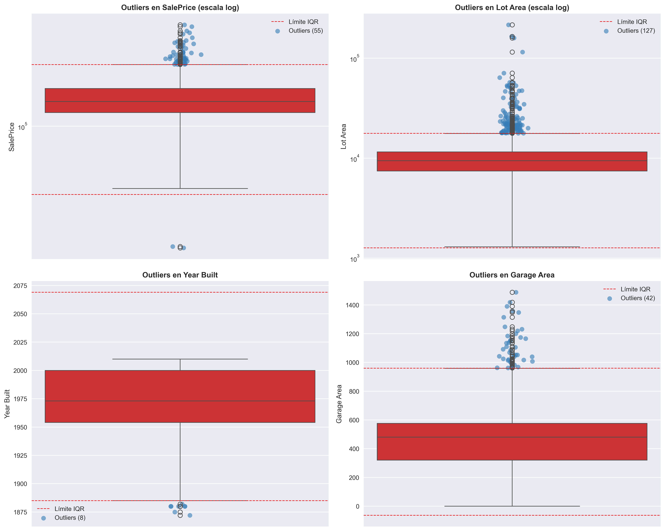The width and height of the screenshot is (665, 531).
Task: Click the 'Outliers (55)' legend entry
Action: (305, 31)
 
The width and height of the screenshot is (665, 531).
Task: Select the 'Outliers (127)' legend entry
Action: (636, 31)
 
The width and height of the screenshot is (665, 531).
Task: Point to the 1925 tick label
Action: (20, 456)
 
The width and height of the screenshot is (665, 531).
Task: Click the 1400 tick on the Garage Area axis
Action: (352, 305)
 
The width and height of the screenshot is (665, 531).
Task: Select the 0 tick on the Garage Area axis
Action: (357, 506)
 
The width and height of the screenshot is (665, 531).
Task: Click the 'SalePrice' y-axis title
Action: (12, 137)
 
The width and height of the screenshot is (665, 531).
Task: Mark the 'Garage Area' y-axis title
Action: (339, 404)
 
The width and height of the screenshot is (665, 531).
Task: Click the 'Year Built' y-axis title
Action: (7, 404)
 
